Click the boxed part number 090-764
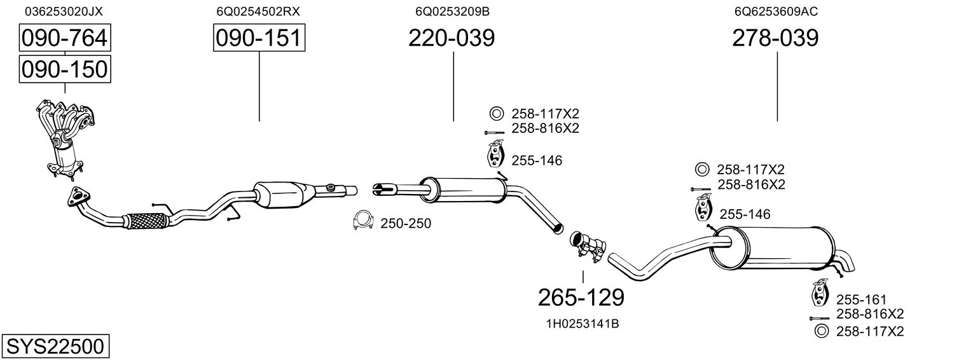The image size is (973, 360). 65,38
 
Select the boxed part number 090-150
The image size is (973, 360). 65,69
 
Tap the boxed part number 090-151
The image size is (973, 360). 259,38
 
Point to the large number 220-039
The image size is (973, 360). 452,38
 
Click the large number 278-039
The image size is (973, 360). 775,38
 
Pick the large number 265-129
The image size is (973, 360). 581,298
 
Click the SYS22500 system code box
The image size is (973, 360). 55,346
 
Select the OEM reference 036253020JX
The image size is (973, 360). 64,11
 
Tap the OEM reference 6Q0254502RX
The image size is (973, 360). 258,11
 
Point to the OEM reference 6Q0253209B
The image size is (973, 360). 453,11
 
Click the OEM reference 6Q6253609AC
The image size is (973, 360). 776,11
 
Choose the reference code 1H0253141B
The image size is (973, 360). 583,324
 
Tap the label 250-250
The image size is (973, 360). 406,224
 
